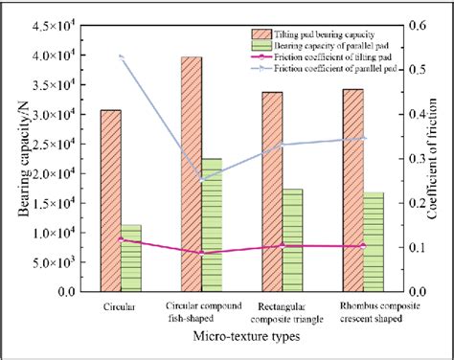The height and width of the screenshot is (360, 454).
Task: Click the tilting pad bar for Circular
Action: (x=111, y=200)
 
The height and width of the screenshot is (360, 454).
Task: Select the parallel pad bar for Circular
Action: (x=132, y=258)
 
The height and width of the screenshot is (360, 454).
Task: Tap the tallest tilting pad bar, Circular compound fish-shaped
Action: (x=192, y=173)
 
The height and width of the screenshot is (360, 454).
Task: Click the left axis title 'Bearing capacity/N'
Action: (x=18, y=158)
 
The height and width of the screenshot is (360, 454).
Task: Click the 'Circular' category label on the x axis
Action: (x=121, y=307)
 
